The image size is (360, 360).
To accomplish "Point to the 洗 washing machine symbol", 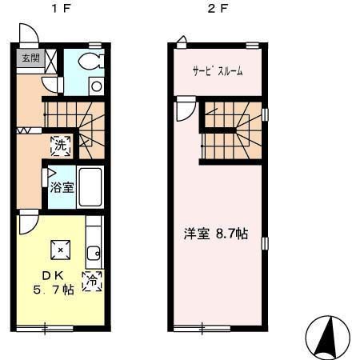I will click(x=61, y=146).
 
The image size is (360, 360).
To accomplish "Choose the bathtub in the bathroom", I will click(x=89, y=189).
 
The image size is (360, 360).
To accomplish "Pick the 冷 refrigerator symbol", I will click(x=94, y=281).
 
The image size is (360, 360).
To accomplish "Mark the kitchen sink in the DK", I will click(x=93, y=254).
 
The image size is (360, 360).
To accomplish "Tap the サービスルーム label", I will click(x=218, y=71).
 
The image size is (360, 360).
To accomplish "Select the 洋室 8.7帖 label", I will click(x=215, y=234).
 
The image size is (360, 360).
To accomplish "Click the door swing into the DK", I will click(x=28, y=221).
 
